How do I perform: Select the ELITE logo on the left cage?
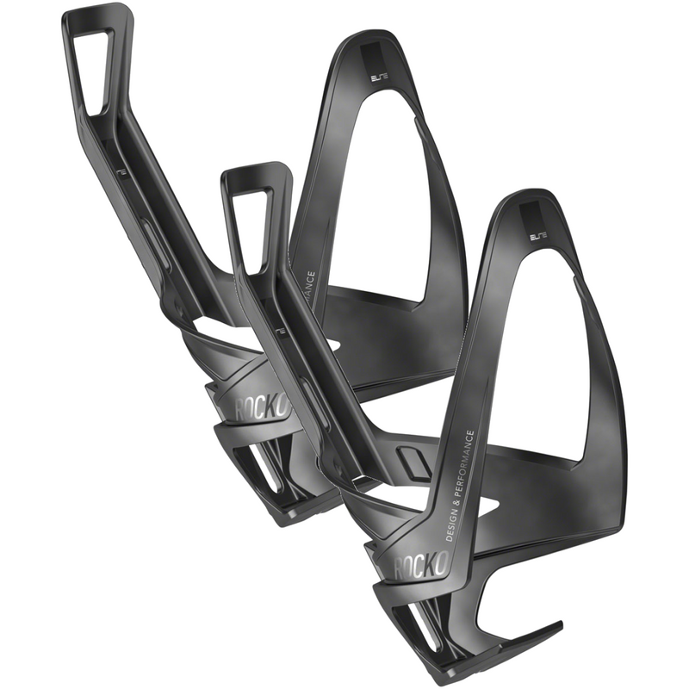coord(380,77)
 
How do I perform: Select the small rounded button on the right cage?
coord(413,461)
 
